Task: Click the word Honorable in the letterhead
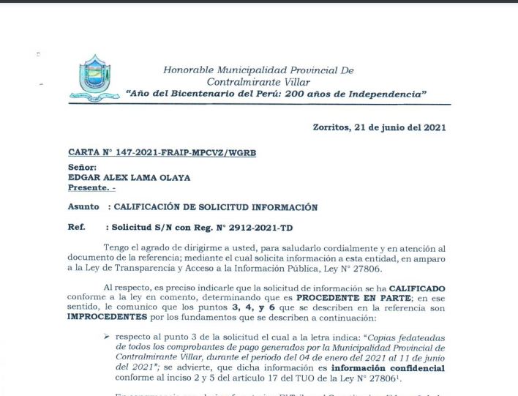(x=189, y=70)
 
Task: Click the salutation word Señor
(x=82, y=168)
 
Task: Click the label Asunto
(x=83, y=207)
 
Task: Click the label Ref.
(x=76, y=228)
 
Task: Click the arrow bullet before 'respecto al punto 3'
(x=107, y=334)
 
